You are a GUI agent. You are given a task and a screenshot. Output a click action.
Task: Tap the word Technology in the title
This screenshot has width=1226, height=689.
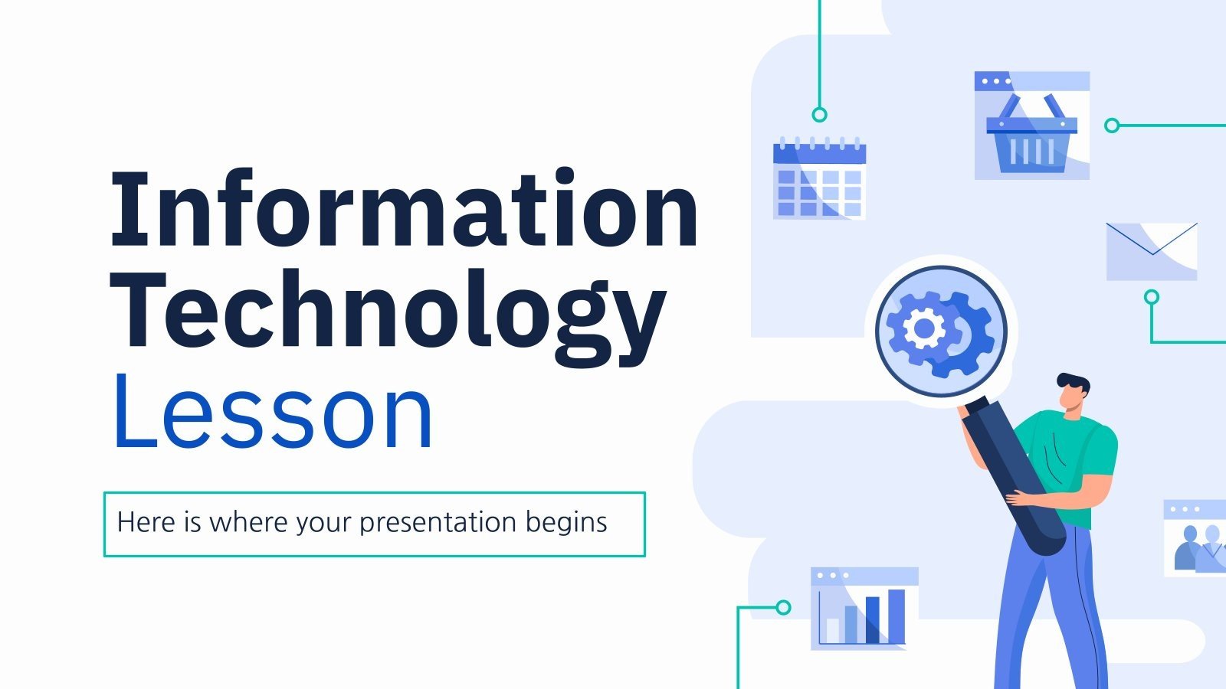point(387,314)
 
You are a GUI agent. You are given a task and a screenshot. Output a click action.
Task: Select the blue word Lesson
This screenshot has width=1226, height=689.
point(273,412)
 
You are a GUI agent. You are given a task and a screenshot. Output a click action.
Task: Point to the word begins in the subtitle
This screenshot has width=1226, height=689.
point(566,523)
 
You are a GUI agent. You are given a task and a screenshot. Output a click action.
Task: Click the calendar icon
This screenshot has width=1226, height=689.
point(819,178)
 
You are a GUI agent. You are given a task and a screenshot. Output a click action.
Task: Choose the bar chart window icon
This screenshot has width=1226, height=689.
point(864,609)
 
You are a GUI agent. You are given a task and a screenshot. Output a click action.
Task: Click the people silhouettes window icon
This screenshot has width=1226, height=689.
point(1195,538)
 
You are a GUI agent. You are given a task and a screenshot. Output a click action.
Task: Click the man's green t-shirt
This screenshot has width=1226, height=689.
point(1073,459)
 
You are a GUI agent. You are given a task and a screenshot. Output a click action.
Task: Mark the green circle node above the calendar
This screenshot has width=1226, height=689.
point(819,115)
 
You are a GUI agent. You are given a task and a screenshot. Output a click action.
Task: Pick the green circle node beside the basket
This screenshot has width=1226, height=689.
point(1112,126)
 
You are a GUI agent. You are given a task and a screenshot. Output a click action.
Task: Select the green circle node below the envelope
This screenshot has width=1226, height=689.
point(1151,297)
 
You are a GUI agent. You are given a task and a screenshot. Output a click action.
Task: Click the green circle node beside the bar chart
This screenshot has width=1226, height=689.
point(782,607)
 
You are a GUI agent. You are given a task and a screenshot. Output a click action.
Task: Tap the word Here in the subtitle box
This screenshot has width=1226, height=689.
point(146,523)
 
